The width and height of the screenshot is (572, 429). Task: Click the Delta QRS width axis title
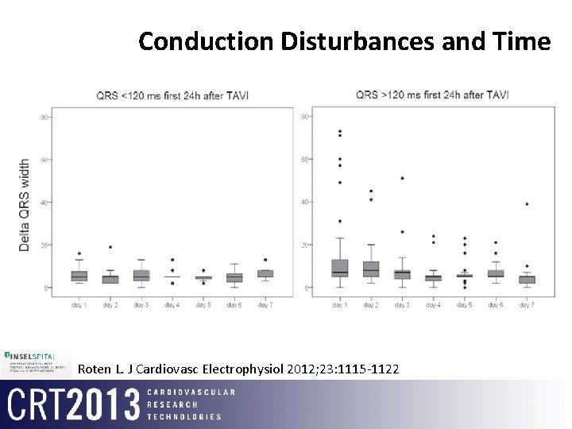pyautogui.click(x=25, y=205)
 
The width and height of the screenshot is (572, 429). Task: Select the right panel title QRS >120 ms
pyautogui.click(x=432, y=95)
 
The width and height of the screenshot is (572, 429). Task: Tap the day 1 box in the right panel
pyautogui.click(x=340, y=268)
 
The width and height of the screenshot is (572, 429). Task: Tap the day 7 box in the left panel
pyautogui.click(x=265, y=273)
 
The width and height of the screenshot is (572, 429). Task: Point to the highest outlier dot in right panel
pyautogui.click(x=340, y=132)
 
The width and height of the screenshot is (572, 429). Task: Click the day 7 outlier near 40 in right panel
pyautogui.click(x=527, y=204)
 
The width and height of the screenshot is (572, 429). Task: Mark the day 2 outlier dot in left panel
pyautogui.click(x=110, y=247)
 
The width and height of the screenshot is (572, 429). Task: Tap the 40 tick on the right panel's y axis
pyautogui.click(x=305, y=203)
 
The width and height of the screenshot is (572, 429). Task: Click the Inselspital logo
pyautogui.click(x=37, y=361)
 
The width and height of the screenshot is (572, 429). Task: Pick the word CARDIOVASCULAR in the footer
pyautogui.click(x=191, y=392)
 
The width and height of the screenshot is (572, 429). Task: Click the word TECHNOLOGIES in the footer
pyautogui.click(x=184, y=416)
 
